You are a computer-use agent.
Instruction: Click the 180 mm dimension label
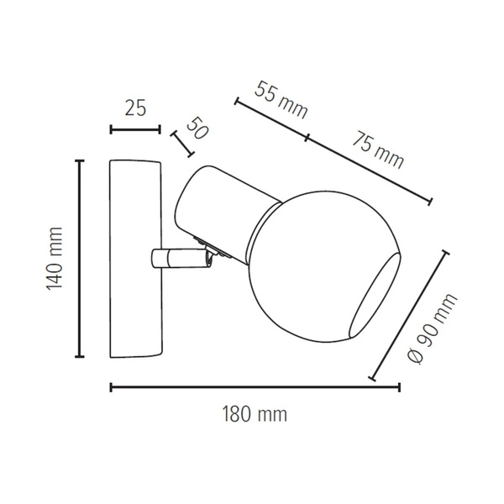[x=255, y=414]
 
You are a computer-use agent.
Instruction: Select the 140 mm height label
[x=55, y=258]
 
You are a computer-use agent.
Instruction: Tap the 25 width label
[x=134, y=108]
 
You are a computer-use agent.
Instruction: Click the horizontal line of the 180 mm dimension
[x=255, y=387]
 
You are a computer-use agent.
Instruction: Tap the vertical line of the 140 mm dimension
[x=80, y=258]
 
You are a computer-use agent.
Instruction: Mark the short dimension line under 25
[x=134, y=129]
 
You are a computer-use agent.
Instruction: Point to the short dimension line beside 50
[x=182, y=144]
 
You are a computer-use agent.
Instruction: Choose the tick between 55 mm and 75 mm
[x=307, y=136]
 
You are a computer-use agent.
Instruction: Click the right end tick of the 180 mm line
[x=399, y=387]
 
